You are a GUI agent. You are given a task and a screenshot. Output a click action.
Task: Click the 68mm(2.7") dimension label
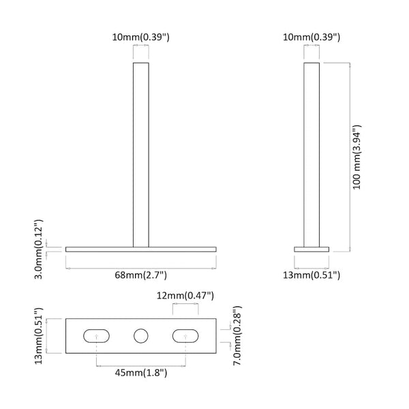coord(141,275)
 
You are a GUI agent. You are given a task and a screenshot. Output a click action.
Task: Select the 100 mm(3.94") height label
coord(357,157)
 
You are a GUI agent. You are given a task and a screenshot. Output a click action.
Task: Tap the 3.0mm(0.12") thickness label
coord(39,249)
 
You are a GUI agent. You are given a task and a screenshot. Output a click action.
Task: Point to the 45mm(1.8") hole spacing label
coord(141,373)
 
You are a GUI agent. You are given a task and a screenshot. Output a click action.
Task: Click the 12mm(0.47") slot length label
coord(185,296)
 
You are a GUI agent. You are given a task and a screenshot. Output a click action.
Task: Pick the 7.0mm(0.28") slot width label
coord(237,335)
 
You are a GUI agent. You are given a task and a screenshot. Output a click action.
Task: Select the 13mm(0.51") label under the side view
coord(312,275)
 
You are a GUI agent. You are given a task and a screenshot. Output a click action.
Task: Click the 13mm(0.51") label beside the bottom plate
coord(39,336)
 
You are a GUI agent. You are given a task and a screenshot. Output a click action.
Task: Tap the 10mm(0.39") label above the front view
coord(141,37)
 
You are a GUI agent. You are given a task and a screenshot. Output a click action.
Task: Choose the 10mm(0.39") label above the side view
coord(312,37)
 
